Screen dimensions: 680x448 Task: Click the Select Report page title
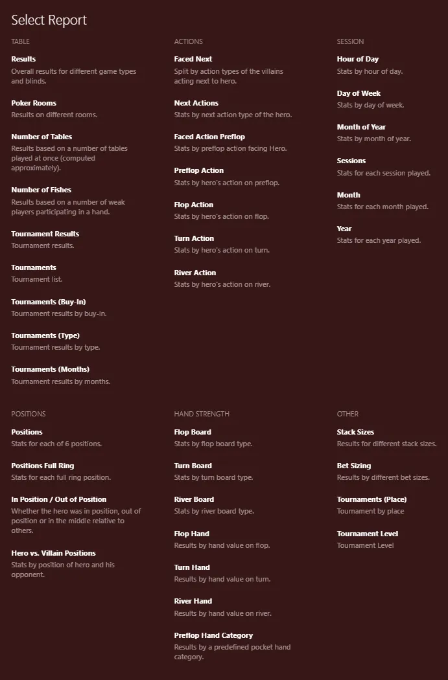pyautogui.click(x=49, y=20)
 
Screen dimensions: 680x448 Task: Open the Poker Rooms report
pyautogui.click(x=34, y=103)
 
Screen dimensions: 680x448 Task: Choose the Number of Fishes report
pyautogui.click(x=41, y=190)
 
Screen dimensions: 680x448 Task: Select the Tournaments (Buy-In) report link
pyautogui.click(x=48, y=302)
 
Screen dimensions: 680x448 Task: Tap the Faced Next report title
pyautogui.click(x=193, y=59)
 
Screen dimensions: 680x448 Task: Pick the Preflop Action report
pyautogui.click(x=198, y=171)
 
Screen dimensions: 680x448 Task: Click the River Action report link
pyautogui.click(x=195, y=273)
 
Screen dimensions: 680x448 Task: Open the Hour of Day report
pyautogui.click(x=357, y=59)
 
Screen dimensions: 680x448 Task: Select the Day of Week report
pyautogui.click(x=359, y=93)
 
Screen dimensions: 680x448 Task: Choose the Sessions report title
pyautogui.click(x=351, y=161)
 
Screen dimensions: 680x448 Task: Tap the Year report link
pyautogui.click(x=344, y=229)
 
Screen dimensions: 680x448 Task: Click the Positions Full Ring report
pyautogui.click(x=42, y=466)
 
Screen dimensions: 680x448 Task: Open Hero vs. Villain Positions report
pyautogui.click(x=53, y=553)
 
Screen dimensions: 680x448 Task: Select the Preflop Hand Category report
pyautogui.click(x=213, y=635)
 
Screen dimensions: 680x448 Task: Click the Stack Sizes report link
pyautogui.click(x=355, y=432)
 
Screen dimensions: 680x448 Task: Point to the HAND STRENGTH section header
pyautogui.click(x=202, y=414)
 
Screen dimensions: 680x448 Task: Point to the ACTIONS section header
pyautogui.click(x=188, y=41)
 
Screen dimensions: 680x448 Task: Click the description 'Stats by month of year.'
pyautogui.click(x=373, y=139)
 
